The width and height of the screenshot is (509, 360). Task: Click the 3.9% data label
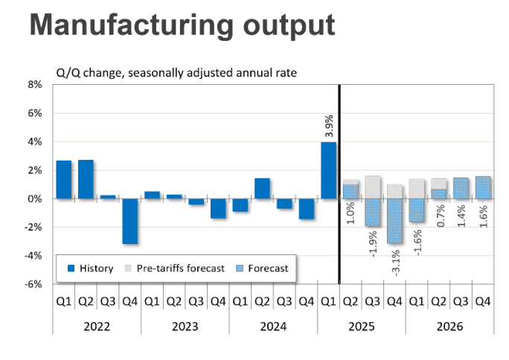point(328,126)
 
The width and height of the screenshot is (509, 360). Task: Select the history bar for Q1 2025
point(328,170)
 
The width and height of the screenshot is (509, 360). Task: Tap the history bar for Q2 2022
point(86,179)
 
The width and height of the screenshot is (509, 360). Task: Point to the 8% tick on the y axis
point(35,85)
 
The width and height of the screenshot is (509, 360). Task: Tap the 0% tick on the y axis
point(35,199)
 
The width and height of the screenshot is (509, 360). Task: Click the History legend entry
point(90,268)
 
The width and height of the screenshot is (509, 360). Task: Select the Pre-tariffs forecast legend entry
point(175,268)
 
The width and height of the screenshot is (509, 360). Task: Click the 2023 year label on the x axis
point(185,326)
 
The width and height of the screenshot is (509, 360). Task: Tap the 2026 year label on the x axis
point(449,326)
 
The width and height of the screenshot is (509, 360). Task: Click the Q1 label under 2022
point(63,301)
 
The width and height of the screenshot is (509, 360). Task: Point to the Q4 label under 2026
point(482,301)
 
